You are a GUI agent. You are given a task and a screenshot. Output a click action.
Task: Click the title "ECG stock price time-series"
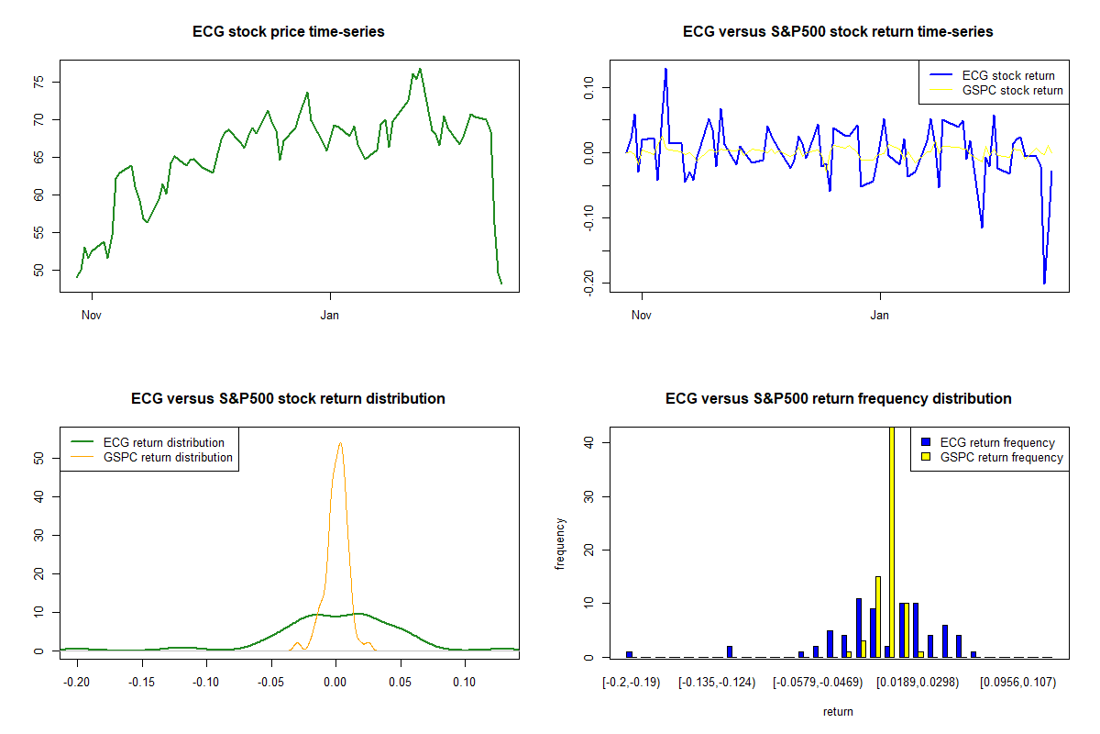288,32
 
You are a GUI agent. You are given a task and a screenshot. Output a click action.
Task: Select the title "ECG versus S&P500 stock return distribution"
288,399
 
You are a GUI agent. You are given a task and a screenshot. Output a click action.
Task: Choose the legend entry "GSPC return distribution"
168,458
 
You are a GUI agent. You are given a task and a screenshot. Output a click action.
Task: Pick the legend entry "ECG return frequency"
997,443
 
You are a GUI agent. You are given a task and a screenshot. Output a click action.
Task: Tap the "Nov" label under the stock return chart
642,316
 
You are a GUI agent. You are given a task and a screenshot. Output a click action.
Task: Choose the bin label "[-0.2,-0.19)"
629,683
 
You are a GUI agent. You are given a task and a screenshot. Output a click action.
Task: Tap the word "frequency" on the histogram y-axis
560,544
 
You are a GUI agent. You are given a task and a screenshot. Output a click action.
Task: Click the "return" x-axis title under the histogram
838,712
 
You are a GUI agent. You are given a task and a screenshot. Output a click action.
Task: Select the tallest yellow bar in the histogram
892,541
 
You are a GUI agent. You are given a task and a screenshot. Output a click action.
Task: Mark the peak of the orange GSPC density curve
340,443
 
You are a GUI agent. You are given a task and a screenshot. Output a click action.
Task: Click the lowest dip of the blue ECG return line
1044,284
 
